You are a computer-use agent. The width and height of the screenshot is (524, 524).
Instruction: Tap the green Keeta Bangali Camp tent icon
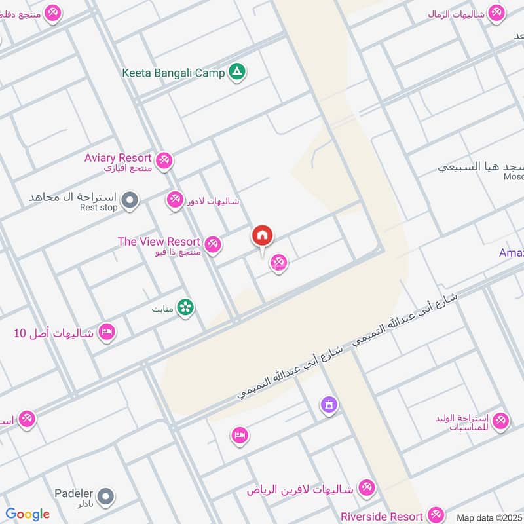(237, 73)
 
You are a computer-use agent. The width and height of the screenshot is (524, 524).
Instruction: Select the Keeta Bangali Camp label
(173, 73)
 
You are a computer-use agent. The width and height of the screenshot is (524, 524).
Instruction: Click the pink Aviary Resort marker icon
(164, 159)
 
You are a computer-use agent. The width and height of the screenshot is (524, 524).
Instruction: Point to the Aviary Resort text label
(118, 158)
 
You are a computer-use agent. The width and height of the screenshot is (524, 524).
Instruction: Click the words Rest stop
(98, 208)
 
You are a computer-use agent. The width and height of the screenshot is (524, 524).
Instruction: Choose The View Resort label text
(159, 242)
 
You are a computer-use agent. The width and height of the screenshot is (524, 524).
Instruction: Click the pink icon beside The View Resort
(212, 246)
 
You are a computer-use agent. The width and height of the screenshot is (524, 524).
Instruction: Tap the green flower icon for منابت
(185, 307)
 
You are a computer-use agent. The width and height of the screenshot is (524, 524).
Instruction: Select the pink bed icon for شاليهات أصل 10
(106, 333)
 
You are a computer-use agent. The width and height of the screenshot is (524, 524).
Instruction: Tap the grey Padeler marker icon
(106, 496)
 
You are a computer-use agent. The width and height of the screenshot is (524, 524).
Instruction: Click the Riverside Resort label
(381, 516)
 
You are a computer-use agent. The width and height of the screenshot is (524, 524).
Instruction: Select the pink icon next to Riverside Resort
(436, 515)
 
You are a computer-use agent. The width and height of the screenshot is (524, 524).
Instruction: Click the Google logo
(28, 514)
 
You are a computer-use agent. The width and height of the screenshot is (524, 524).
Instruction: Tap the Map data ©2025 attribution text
(489, 517)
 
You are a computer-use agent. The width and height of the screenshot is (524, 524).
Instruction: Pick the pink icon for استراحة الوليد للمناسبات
(500, 421)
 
